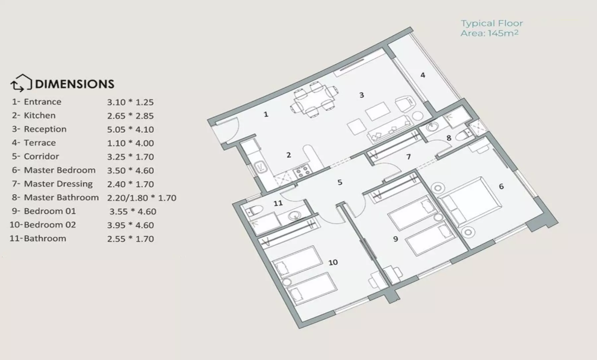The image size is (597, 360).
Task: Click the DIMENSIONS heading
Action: click(75, 84)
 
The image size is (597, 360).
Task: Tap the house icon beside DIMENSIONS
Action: click(21, 83)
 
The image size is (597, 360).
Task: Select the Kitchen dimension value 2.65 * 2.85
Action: click(130, 116)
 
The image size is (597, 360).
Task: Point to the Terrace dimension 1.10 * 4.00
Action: click(130, 143)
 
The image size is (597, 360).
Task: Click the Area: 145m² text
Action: click(489, 33)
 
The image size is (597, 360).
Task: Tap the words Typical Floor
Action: click(492, 23)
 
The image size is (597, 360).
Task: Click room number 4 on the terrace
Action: click(423, 75)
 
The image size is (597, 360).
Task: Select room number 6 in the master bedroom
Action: click(501, 186)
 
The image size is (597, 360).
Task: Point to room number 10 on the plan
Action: click(333, 262)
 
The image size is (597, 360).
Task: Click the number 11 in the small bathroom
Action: click(278, 203)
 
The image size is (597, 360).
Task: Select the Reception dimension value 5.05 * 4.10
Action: click(130, 129)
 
